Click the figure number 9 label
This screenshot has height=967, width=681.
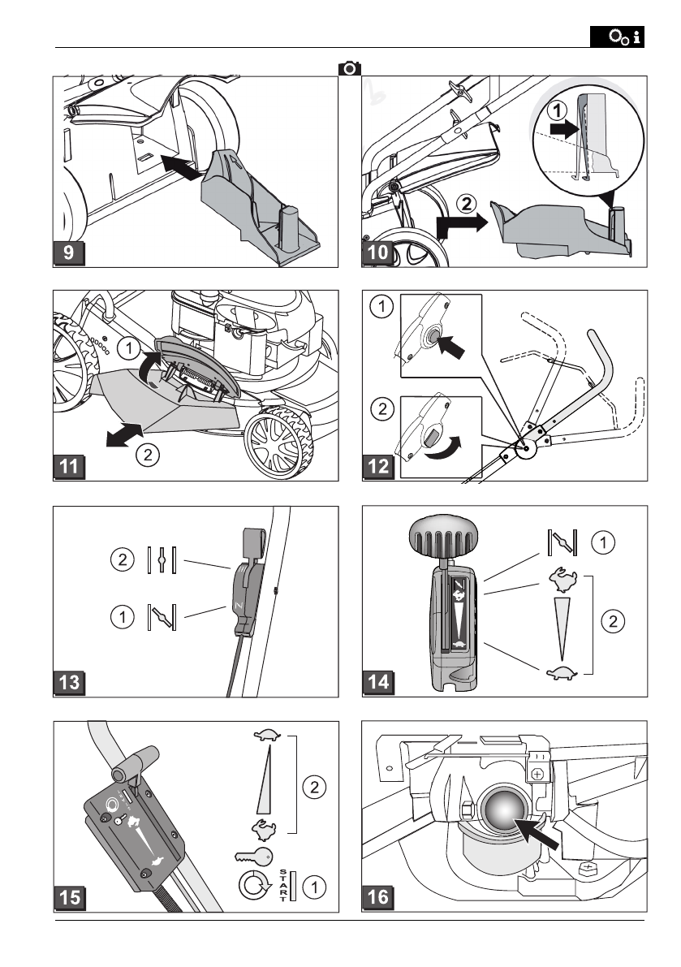tap(69, 252)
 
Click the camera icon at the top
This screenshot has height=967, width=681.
tap(349, 69)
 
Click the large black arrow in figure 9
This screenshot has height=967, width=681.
tap(179, 167)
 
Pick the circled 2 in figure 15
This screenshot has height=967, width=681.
tap(314, 785)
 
